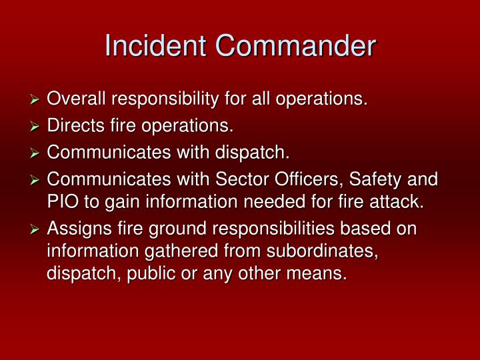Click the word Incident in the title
tap(156, 46)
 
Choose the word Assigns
tap(78, 229)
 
